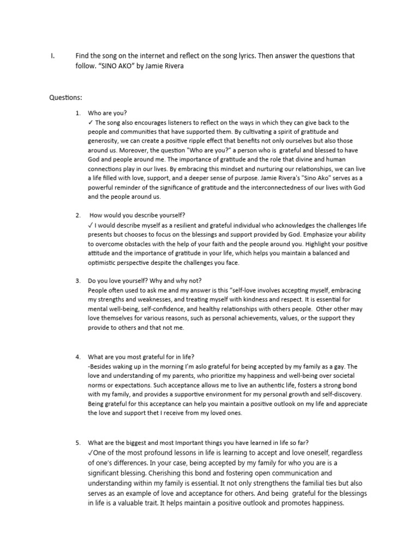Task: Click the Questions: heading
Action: [66, 98]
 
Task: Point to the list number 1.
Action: [78, 113]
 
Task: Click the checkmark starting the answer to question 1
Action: [90, 123]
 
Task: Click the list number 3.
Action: [78, 281]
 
